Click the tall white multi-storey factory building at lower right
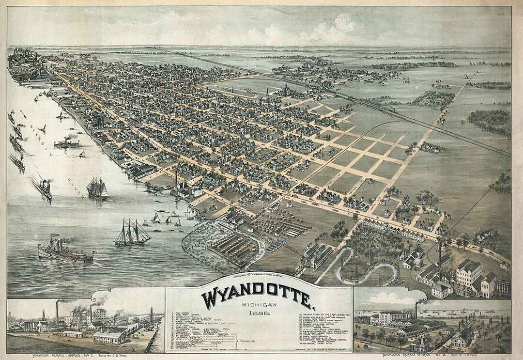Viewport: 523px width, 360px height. click(468, 274)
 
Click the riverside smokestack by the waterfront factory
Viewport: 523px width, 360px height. click(176, 177)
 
